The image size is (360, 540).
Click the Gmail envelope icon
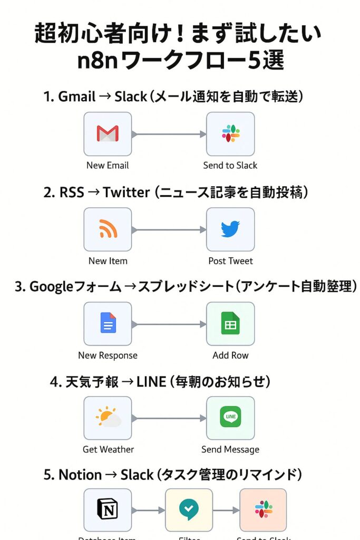click(x=108, y=133)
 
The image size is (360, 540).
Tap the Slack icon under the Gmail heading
click(x=230, y=133)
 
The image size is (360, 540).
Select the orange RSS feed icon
click(x=108, y=229)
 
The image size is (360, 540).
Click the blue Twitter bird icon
click(x=230, y=229)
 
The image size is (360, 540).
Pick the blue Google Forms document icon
click(x=108, y=324)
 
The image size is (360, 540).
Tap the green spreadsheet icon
click(x=230, y=324)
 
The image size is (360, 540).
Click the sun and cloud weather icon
click(x=108, y=418)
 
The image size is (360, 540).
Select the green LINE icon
click(x=230, y=418)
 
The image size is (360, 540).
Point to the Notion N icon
click(x=108, y=510)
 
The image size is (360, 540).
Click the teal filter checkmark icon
click(x=189, y=510)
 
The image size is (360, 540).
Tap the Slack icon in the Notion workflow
click(x=263, y=510)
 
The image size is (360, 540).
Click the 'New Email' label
click(x=108, y=166)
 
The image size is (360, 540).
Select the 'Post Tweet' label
click(x=230, y=261)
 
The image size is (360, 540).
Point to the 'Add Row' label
click(x=230, y=355)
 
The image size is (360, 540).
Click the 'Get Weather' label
click(x=108, y=450)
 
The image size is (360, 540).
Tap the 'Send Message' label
click(x=230, y=450)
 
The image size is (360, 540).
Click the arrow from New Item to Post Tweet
click(x=169, y=229)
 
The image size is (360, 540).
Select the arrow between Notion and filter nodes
click(x=148, y=510)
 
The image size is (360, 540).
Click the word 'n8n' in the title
click(x=97, y=61)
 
